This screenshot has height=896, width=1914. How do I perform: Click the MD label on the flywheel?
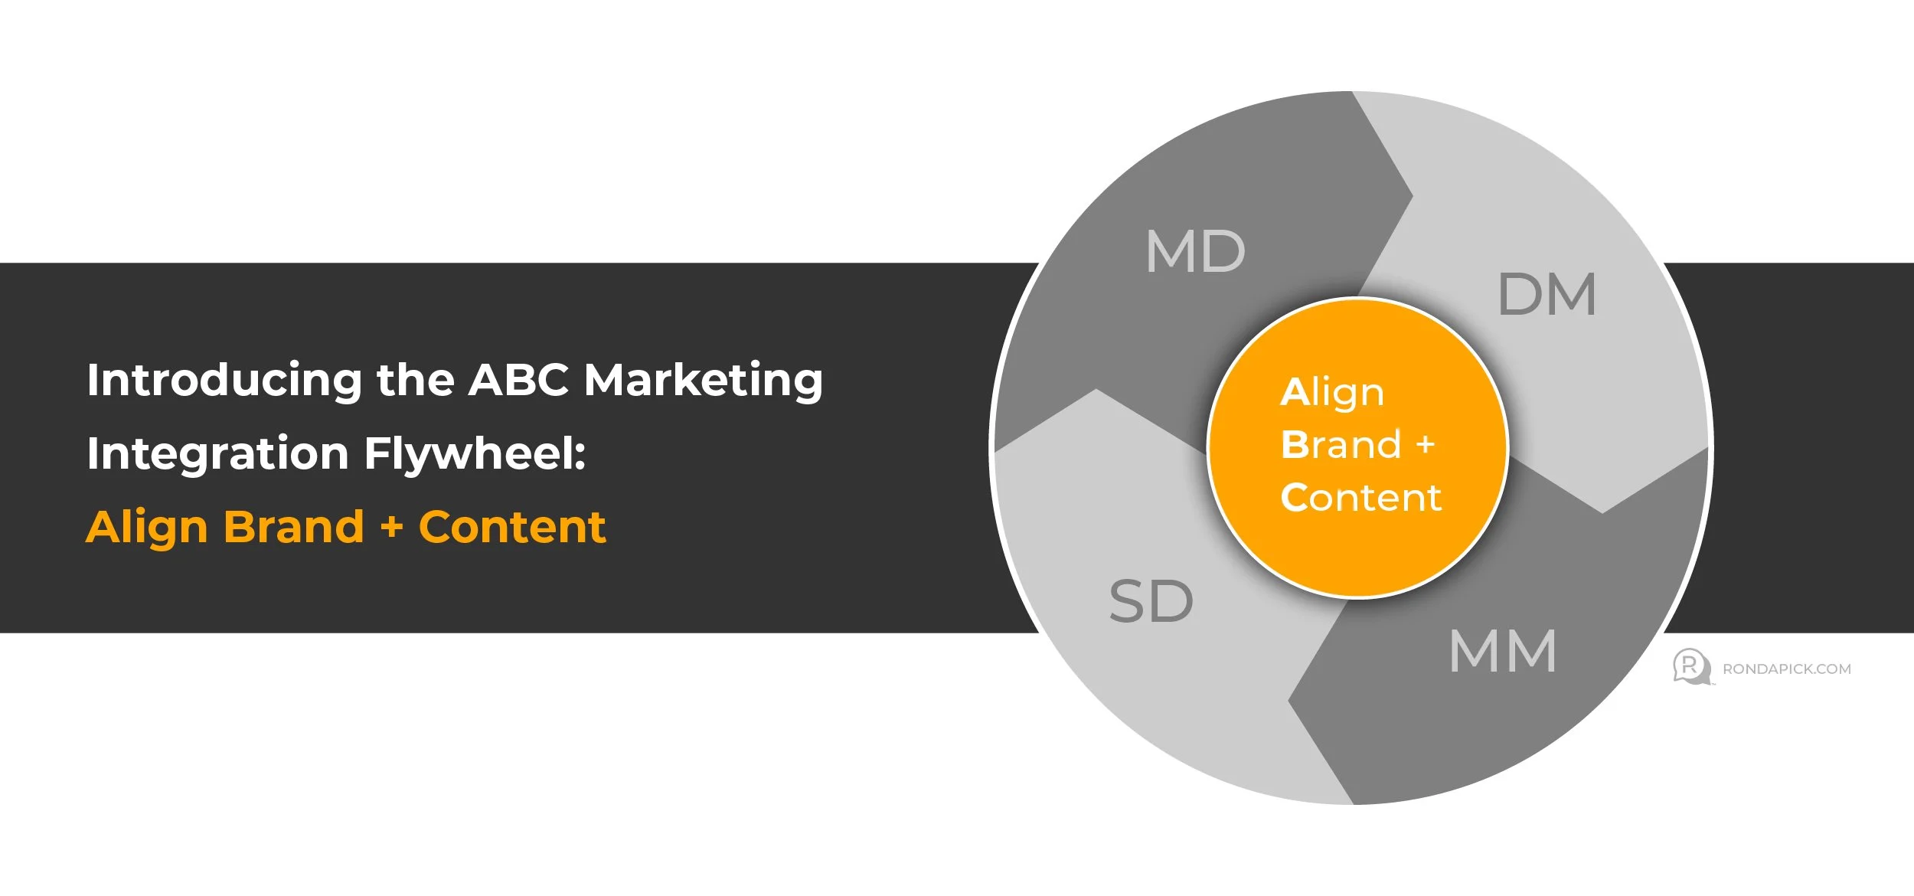1195,251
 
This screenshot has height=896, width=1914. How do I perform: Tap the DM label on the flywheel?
1547,295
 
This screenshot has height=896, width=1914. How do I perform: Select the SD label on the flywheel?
1151,601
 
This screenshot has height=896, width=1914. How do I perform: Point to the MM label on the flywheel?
1503,652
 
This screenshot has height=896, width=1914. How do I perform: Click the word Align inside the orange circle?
1332,394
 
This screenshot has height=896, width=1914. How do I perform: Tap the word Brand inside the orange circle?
1341,445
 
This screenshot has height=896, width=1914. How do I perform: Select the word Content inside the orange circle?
1361,498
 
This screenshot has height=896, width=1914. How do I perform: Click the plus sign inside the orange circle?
1425,445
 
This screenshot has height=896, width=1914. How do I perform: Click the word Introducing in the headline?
224,381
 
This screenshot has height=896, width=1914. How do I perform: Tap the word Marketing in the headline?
703,381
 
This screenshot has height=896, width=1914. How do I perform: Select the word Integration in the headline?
217,453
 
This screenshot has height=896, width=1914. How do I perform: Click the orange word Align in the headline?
146,528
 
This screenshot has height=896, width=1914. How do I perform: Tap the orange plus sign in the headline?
391,528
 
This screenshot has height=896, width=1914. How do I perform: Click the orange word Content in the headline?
512,527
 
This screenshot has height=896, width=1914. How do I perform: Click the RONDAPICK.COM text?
1786,669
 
